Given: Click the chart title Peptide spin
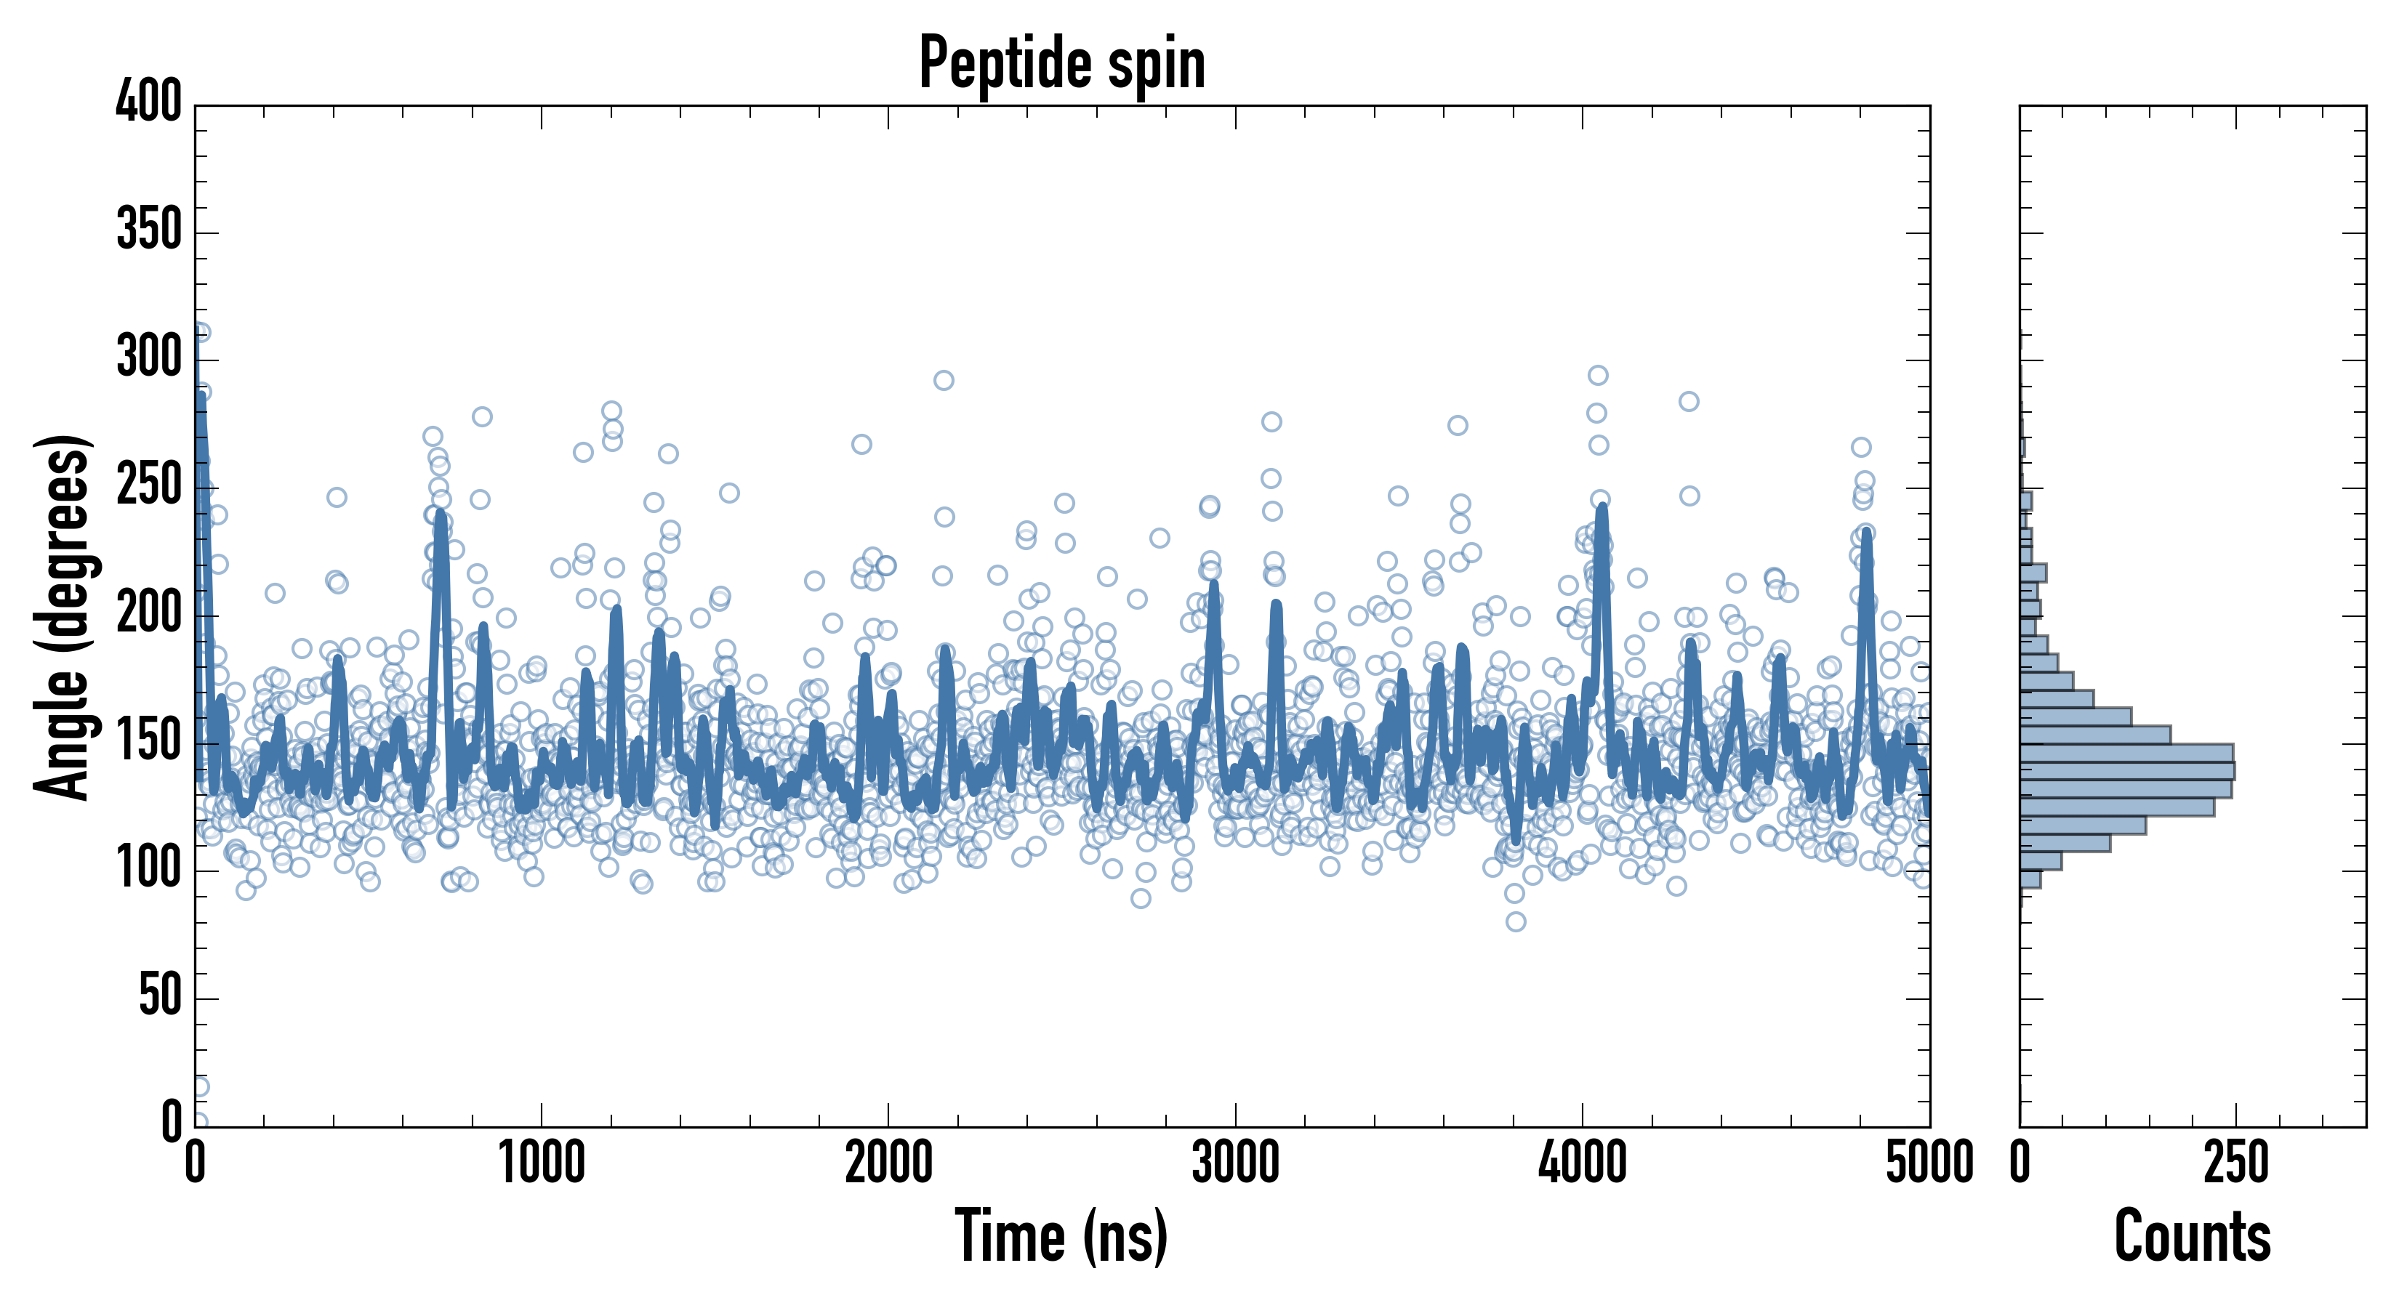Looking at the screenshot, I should (1061, 63).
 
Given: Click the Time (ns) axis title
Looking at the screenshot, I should (1061, 1236).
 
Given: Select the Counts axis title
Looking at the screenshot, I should (2193, 1236).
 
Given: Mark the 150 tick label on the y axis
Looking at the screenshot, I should (149, 741).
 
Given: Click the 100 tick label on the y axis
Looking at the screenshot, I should (149, 868).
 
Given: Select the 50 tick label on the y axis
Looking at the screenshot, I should (160, 996).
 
